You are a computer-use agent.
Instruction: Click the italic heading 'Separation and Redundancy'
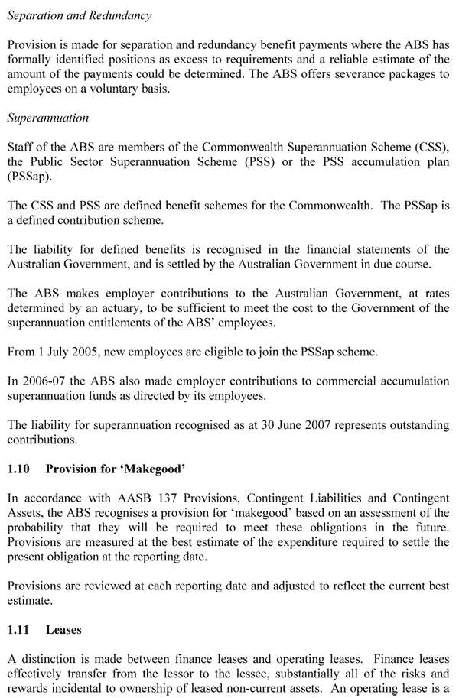[80, 15]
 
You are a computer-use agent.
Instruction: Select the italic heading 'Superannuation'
[48, 118]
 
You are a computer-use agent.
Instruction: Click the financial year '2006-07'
[45, 381]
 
